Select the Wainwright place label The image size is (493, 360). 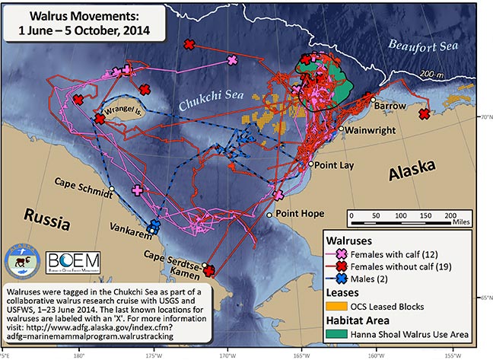pyautogui.click(x=371, y=131)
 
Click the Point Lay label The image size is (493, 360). pyautogui.click(x=332, y=164)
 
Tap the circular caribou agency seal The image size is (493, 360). pyautogui.click(x=23, y=263)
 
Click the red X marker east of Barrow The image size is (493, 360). pyautogui.click(x=424, y=113)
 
